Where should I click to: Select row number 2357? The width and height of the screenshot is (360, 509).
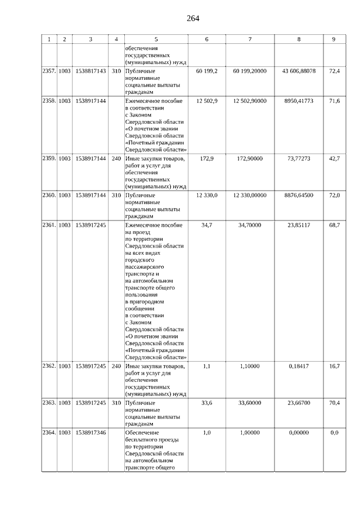49,71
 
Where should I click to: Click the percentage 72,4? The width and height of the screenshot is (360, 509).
334,71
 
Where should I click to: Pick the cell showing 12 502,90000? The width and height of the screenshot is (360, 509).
250,100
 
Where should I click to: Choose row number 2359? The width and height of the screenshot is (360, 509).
49,159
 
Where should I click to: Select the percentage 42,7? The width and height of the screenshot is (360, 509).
334,159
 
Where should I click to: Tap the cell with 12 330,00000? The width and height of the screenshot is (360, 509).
250,195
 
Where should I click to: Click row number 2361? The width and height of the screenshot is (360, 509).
49,224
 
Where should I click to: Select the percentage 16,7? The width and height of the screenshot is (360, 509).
334,366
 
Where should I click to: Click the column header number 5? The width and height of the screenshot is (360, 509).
156,39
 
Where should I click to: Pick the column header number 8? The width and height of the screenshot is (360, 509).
298,39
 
